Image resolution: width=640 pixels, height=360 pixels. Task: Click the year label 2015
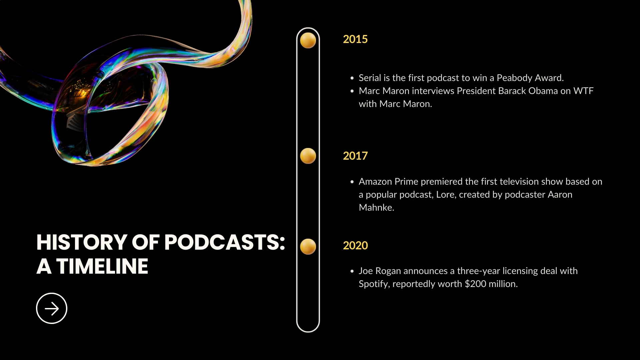(x=355, y=39)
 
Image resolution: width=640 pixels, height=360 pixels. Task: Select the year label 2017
(x=355, y=156)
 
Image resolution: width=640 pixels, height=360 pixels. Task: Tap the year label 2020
(x=355, y=246)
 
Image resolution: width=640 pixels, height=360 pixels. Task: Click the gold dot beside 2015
(x=308, y=40)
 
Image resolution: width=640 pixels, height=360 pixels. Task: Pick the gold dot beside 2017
(x=308, y=156)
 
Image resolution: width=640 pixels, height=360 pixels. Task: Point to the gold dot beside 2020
(x=308, y=247)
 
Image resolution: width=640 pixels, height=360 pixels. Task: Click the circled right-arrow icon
(x=52, y=308)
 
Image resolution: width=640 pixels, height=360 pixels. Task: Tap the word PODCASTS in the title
(x=222, y=242)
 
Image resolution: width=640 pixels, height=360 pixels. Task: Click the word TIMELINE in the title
(x=102, y=267)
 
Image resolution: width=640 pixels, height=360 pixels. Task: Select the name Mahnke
(x=376, y=208)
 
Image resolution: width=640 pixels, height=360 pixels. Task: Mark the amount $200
(x=475, y=284)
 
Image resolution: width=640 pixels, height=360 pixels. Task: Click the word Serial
(x=370, y=78)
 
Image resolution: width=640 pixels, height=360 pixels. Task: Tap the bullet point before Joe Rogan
(x=352, y=271)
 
